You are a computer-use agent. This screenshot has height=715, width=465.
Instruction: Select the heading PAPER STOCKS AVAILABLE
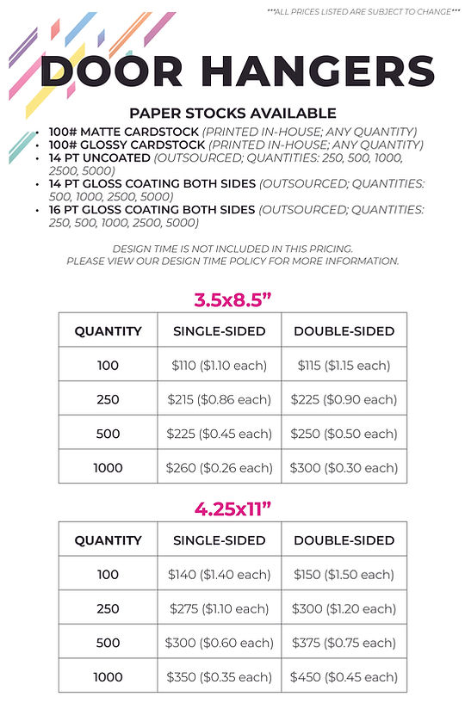point(232,113)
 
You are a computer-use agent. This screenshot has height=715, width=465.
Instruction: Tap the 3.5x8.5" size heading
point(232,301)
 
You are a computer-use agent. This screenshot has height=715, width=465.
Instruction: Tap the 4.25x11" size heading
point(232,510)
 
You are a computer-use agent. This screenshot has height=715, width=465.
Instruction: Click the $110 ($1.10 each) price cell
point(219,365)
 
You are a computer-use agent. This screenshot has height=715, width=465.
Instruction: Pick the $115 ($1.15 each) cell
point(344,365)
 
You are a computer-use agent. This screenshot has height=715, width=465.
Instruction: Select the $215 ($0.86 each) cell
point(219,399)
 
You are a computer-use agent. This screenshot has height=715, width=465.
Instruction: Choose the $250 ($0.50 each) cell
point(344,434)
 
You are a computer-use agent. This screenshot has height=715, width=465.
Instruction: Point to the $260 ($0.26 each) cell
point(219,468)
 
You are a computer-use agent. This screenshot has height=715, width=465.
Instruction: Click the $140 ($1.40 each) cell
point(219,574)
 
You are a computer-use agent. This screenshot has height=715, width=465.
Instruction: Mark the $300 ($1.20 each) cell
point(344,608)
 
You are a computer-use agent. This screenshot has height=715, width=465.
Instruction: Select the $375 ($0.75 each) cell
point(344,643)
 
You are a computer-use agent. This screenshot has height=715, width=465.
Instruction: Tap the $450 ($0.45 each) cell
point(344,676)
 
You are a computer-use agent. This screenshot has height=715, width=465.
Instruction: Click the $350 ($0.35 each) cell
point(219,676)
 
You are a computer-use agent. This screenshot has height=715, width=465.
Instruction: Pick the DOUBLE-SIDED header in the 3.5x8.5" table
point(344,330)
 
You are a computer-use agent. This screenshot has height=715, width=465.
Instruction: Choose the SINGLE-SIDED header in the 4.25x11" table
point(219,540)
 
